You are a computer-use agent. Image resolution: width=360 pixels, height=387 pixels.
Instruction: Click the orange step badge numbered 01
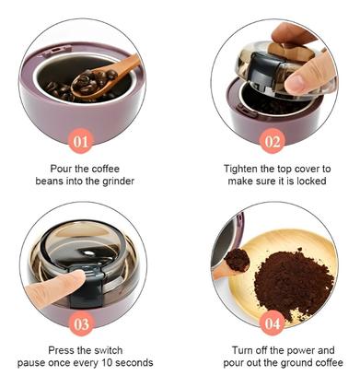(x=80, y=141)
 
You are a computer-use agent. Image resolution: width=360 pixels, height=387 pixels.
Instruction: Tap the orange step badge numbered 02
(x=273, y=141)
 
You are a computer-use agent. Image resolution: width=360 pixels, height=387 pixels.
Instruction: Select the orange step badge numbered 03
(x=81, y=323)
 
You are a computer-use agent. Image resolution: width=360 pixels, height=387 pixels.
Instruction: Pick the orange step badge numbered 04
(x=273, y=323)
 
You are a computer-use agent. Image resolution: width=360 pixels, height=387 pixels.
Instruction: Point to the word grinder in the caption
(x=118, y=182)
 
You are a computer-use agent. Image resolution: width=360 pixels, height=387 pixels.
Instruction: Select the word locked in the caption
(x=311, y=181)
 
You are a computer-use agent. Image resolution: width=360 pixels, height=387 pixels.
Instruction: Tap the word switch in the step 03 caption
(x=108, y=350)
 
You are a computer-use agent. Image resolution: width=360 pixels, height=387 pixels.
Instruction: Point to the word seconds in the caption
(x=134, y=363)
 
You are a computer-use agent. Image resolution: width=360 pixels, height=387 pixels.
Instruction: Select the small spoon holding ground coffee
(x=234, y=264)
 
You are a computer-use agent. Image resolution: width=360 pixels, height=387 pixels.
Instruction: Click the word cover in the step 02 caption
(x=307, y=169)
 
